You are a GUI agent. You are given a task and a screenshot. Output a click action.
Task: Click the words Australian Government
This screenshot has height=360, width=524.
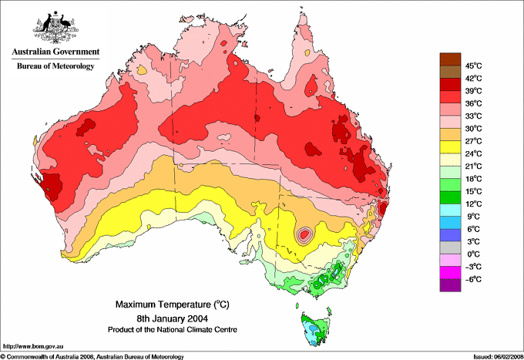[55, 52]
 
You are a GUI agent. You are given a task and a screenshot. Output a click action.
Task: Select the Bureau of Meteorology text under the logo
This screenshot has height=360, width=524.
[55, 66]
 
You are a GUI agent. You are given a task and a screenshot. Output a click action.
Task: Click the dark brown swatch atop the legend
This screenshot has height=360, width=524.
[450, 59]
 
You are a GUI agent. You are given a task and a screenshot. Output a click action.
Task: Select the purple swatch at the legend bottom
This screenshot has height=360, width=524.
[450, 285]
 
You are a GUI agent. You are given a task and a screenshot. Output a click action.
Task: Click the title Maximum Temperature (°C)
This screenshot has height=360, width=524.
[171, 304]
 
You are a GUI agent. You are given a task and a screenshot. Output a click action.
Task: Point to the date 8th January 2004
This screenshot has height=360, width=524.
[171, 318]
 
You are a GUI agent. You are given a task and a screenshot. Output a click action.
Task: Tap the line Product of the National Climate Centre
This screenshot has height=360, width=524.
[171, 329]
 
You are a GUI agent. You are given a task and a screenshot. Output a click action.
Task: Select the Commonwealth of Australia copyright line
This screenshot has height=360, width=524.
[92, 356]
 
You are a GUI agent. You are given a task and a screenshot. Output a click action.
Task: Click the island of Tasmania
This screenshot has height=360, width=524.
[315, 328]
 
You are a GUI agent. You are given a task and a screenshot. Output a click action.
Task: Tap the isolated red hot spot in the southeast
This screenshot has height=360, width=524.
[307, 232]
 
